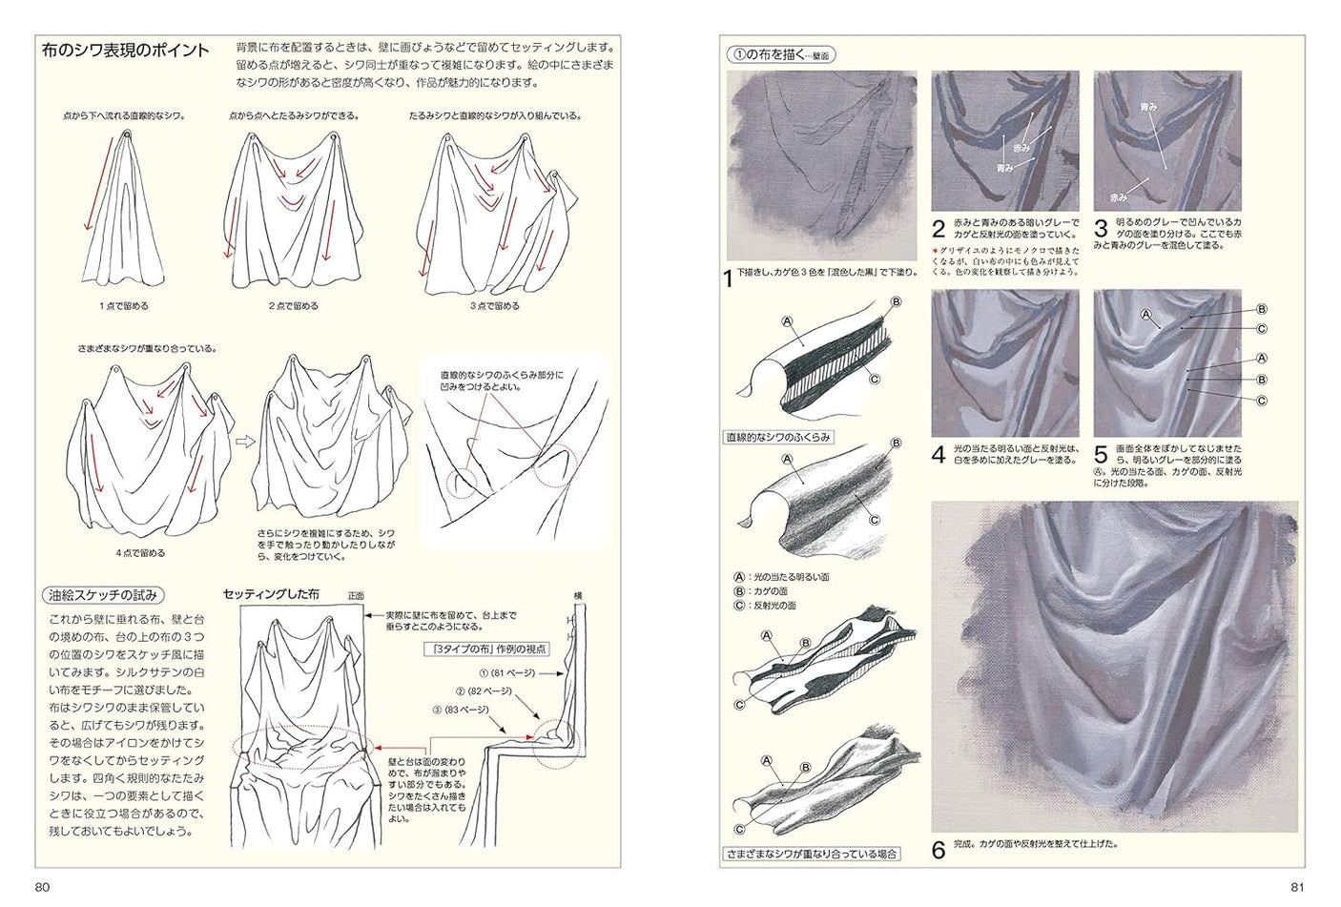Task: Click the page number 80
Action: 42,887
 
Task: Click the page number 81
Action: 1296,887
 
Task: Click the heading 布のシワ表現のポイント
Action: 126,51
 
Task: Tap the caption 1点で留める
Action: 124,306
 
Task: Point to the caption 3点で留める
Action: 495,306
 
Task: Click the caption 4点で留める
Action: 140,552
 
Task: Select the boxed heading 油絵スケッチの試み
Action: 101,595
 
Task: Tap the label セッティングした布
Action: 271,594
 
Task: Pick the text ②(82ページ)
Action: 484,691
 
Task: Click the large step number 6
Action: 938,850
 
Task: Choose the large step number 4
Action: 938,455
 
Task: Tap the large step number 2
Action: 938,229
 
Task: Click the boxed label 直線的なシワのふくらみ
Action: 778,438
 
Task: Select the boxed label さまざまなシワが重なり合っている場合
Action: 812,854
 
